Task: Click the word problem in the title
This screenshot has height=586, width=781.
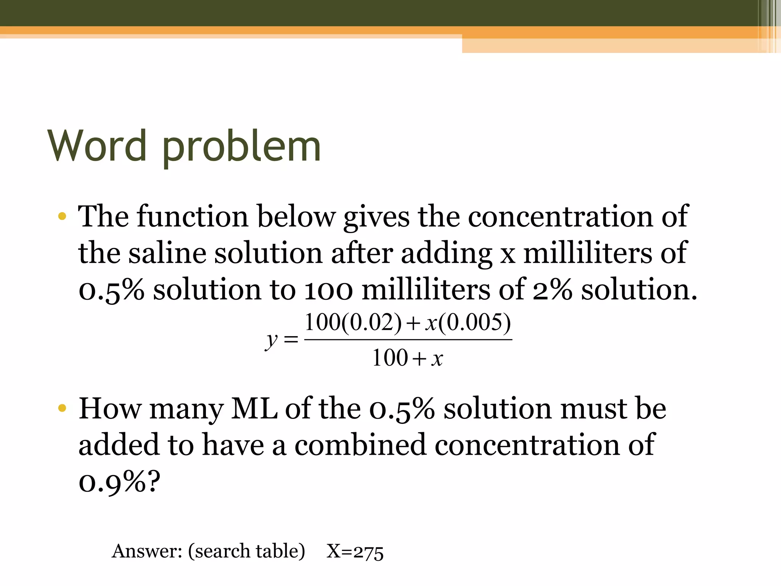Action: (241, 148)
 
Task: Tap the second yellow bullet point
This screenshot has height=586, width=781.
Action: (62, 409)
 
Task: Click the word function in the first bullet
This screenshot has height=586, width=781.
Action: (193, 216)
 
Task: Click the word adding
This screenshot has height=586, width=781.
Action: (446, 254)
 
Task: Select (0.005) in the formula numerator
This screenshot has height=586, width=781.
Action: (474, 323)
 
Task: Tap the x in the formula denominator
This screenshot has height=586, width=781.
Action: (437, 358)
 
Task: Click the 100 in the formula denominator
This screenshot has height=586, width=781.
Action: (390, 358)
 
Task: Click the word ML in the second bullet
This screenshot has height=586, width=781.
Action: (254, 409)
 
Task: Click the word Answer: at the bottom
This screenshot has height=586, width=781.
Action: (147, 551)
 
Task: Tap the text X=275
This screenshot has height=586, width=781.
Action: (355, 552)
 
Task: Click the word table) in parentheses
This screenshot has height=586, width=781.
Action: (280, 551)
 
